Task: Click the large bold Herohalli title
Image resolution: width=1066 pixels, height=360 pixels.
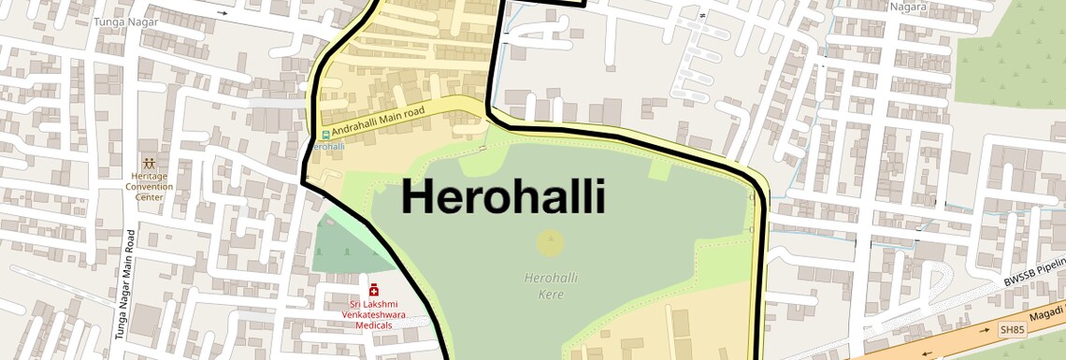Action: [x=504, y=198]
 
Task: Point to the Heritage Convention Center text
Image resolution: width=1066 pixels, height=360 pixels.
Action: [x=150, y=186]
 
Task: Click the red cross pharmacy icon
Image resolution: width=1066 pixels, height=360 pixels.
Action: [x=374, y=290]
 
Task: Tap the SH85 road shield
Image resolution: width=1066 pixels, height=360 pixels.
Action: [x=1012, y=330]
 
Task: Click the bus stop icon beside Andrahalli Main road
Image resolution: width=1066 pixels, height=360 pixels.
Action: [x=325, y=134]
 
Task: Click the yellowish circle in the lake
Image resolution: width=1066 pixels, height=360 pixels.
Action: [x=551, y=243]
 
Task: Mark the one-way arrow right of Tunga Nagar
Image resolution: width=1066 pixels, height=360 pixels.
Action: [x=223, y=14]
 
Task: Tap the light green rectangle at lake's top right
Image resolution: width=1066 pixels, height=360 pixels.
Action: [x=659, y=170]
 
